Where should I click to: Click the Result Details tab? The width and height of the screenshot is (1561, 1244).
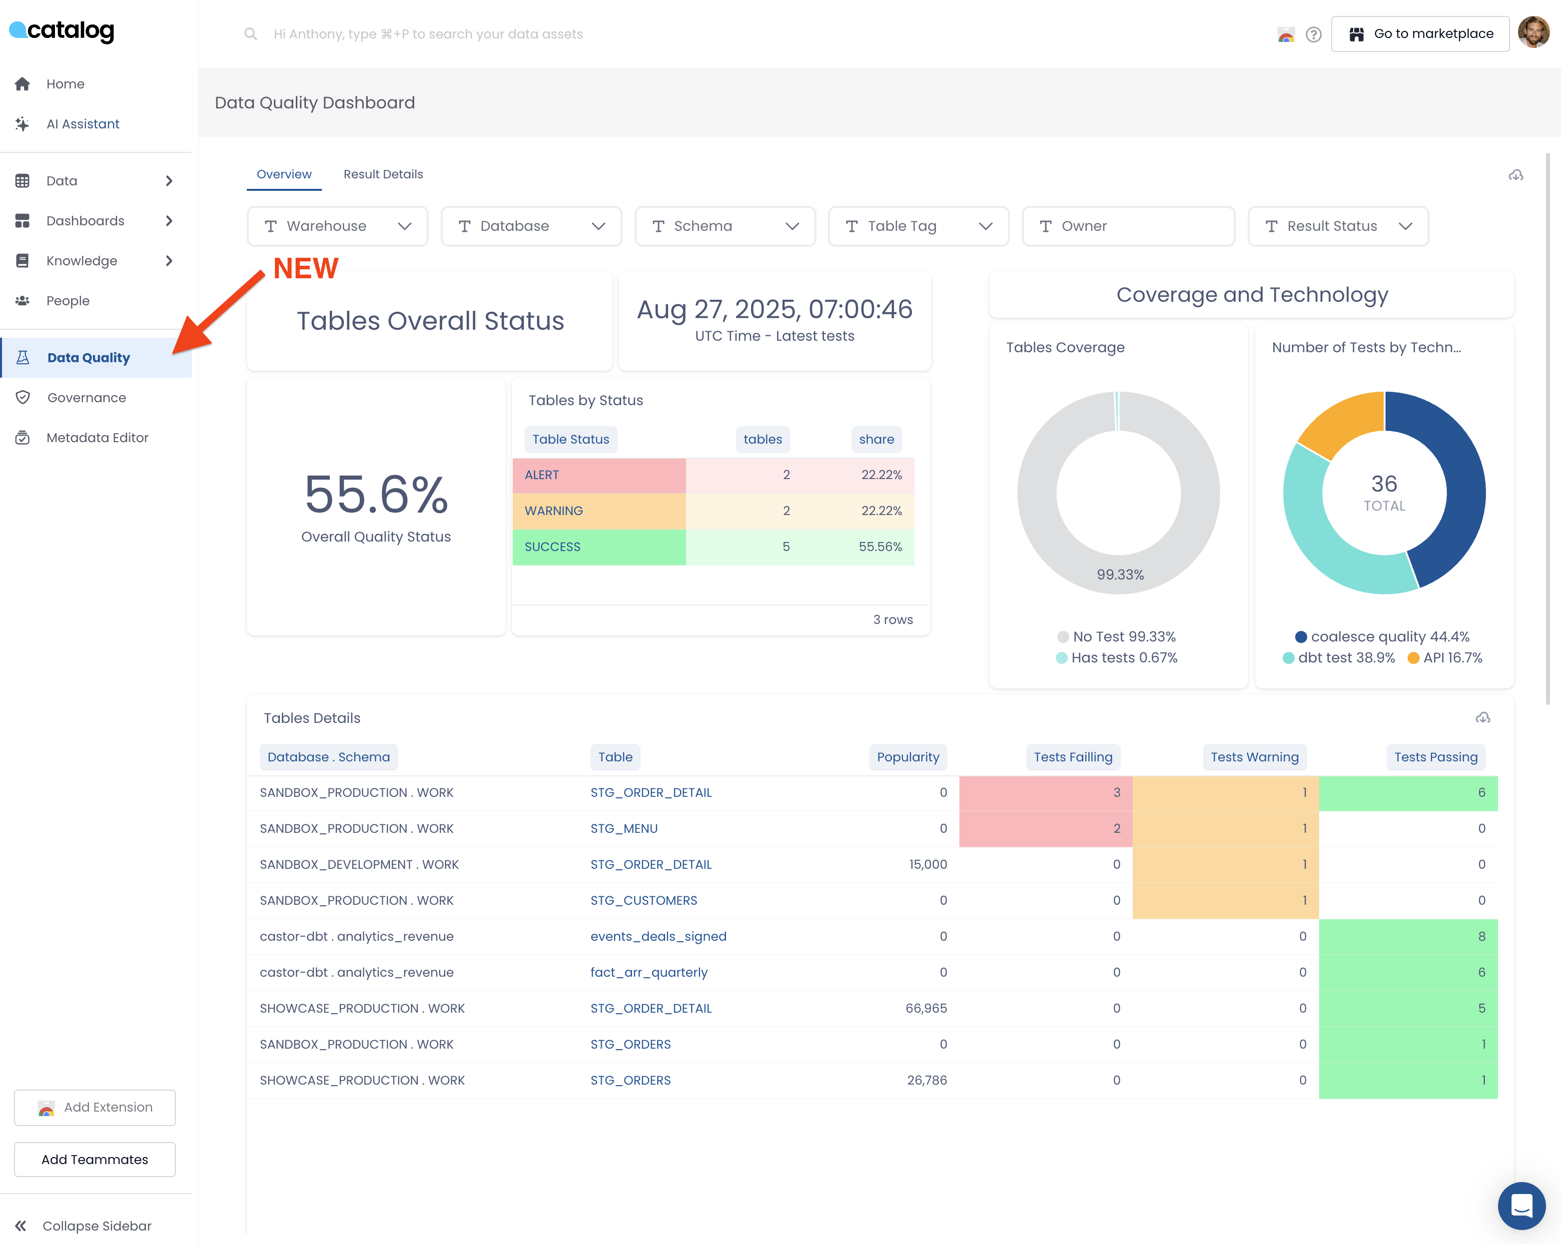click(x=383, y=174)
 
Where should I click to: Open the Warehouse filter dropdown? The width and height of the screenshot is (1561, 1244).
click(x=337, y=226)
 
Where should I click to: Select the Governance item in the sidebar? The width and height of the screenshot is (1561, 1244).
click(x=86, y=398)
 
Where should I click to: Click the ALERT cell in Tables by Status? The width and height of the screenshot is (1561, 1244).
click(x=599, y=475)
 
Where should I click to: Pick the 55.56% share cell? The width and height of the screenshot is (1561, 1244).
click(x=880, y=547)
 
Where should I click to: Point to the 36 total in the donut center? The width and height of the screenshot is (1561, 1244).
click(x=1384, y=484)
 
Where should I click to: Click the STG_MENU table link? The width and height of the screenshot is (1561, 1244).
click(x=624, y=828)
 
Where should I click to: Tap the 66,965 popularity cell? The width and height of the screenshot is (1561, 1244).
click(x=925, y=1008)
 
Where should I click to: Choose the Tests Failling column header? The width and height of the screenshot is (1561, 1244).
click(x=1072, y=757)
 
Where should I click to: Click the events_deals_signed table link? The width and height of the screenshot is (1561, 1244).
click(x=658, y=936)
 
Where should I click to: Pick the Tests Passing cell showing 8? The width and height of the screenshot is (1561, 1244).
click(x=1408, y=936)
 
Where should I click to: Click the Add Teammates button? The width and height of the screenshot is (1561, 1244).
click(x=95, y=1159)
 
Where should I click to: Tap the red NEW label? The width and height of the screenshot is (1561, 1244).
click(x=305, y=269)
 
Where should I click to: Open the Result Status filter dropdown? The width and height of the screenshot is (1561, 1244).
click(x=1337, y=226)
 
